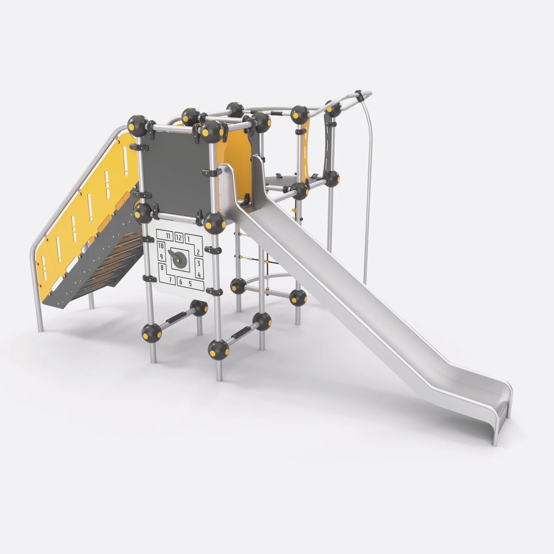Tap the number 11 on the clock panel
pos(169,236)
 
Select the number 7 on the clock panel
pos(170,280)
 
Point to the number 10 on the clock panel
pos(161,246)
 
